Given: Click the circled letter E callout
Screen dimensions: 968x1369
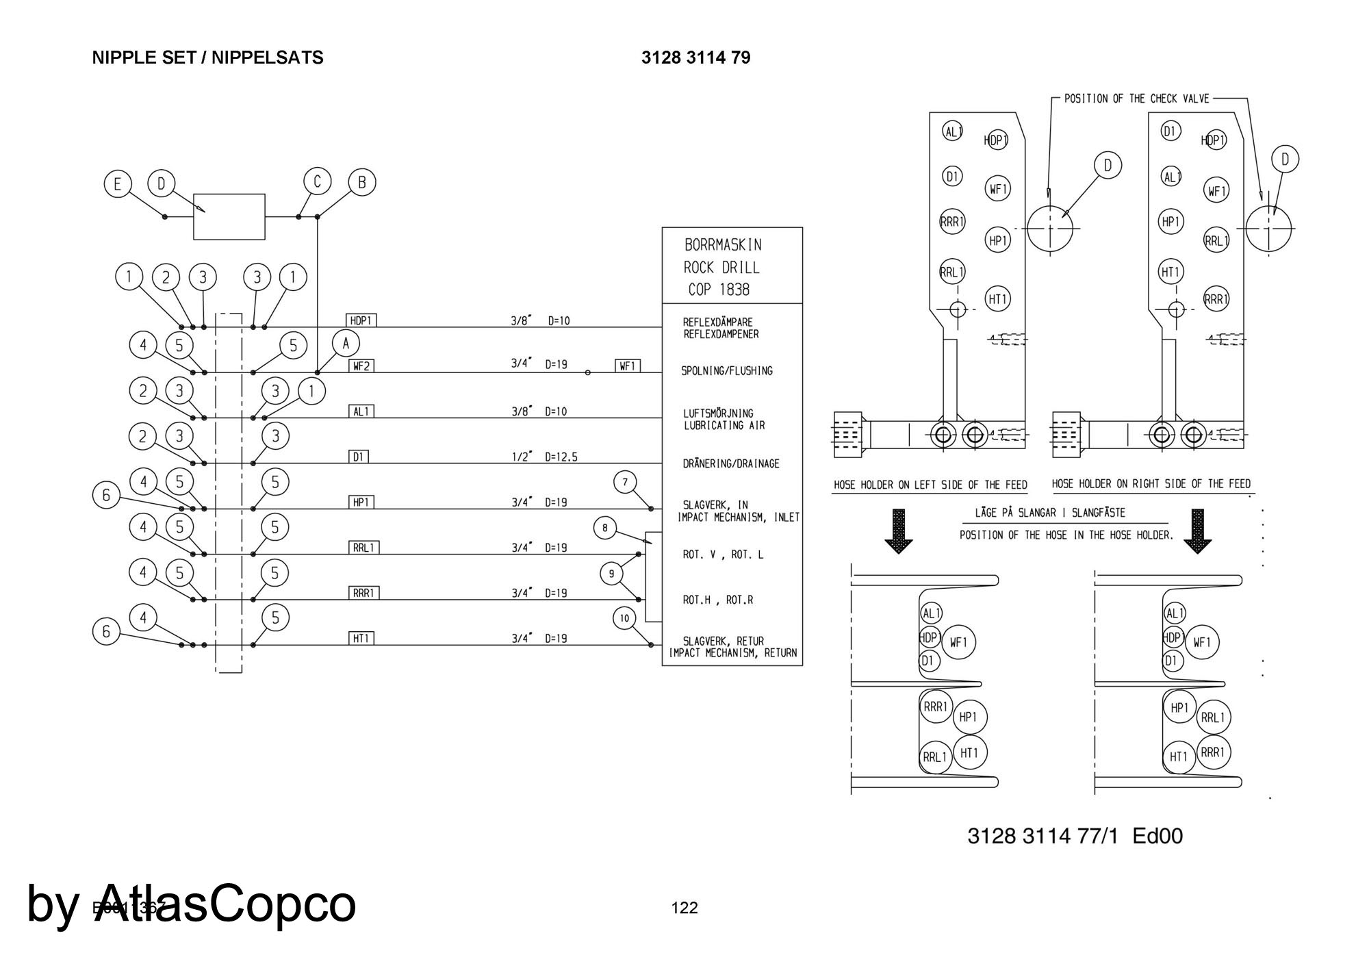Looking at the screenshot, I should point(118,184).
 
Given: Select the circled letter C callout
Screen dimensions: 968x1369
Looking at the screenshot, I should point(317,182).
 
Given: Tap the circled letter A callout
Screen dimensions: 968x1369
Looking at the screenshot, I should point(346,343).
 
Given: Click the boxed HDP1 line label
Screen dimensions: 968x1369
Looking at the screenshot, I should point(362,320).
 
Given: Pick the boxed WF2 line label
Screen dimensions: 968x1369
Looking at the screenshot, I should point(361,366).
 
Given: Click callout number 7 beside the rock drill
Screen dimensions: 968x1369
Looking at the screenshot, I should point(625,483).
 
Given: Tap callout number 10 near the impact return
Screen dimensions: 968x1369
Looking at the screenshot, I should point(624,619).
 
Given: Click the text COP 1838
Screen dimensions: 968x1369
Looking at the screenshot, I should point(719,290).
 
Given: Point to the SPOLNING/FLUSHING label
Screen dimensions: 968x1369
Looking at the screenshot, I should point(726,371).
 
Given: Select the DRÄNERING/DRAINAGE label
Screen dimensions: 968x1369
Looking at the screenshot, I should point(731,463).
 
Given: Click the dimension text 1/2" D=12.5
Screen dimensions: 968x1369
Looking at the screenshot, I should point(544,457).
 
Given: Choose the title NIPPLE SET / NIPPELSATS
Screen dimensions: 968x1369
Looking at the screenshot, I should point(207,58).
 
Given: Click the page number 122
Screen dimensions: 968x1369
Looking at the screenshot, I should point(684,908).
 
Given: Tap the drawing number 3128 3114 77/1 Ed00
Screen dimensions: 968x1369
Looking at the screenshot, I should point(1075,836).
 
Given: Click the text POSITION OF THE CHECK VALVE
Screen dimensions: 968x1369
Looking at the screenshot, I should point(1136,99).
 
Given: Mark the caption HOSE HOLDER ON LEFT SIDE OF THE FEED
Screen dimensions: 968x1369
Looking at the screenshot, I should point(930,485).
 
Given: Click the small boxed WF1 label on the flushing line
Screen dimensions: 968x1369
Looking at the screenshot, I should point(628,366).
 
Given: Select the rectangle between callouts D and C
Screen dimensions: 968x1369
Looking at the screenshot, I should point(229,217).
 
